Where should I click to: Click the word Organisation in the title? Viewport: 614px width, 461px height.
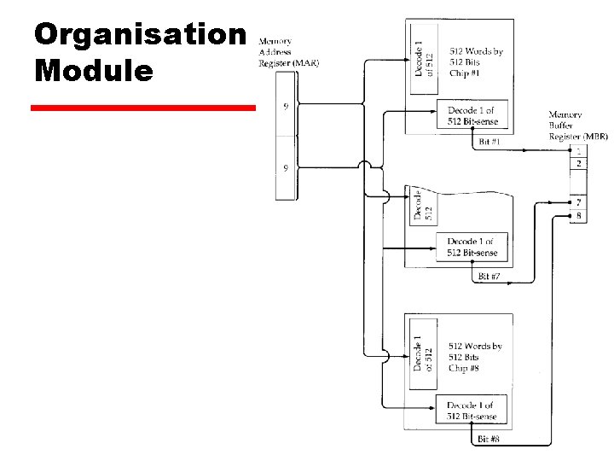140,35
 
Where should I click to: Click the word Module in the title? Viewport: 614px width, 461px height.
94,70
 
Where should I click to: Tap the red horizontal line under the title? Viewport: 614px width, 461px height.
142,108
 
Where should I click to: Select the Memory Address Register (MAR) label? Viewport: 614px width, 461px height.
287,52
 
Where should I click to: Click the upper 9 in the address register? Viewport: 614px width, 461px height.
285,107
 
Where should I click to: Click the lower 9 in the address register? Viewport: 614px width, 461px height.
285,168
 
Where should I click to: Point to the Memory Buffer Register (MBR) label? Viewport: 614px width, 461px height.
577,125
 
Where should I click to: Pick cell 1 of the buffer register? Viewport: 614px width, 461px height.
579,151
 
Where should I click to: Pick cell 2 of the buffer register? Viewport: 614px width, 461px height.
579,163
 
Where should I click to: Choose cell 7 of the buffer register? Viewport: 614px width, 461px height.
579,202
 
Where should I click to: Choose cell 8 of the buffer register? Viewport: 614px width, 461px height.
579,216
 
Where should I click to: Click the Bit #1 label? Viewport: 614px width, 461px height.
489,141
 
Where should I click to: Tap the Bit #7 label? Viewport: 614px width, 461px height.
489,277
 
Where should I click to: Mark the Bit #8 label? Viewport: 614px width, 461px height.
489,439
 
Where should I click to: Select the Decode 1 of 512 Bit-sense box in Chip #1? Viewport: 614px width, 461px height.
471,116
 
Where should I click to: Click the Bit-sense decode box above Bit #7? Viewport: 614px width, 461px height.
471,248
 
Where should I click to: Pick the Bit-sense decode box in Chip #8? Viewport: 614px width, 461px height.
471,411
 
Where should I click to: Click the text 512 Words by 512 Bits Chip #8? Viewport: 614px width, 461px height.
475,357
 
